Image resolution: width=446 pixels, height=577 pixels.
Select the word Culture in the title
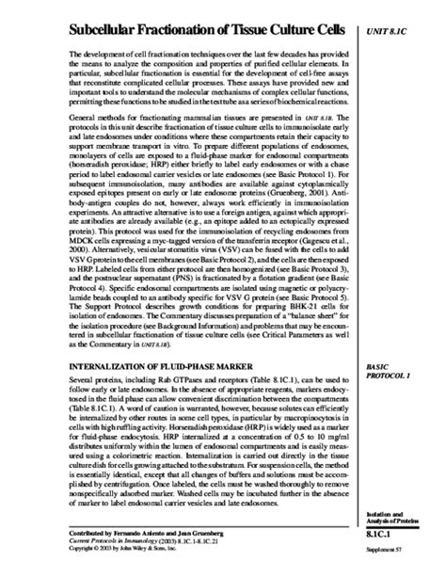297,35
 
